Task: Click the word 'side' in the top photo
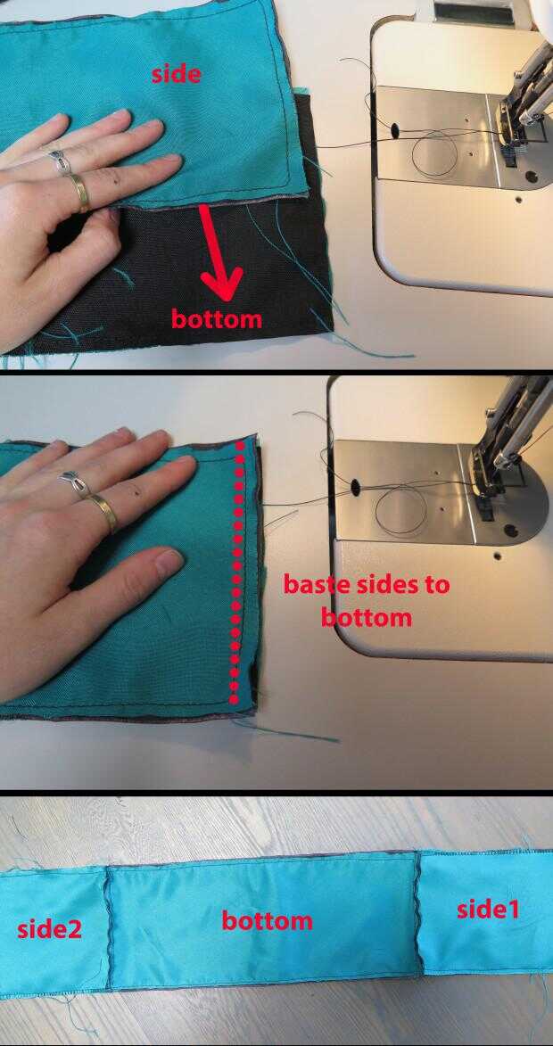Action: (176, 73)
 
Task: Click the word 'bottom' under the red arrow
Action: (216, 318)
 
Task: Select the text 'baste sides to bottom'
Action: (367, 600)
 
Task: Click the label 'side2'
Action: (49, 929)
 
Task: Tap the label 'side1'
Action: (488, 909)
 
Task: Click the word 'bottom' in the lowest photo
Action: (267, 920)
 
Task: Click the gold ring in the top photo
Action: (78, 192)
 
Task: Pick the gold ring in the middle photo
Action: (104, 513)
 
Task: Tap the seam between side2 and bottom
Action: (107, 927)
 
